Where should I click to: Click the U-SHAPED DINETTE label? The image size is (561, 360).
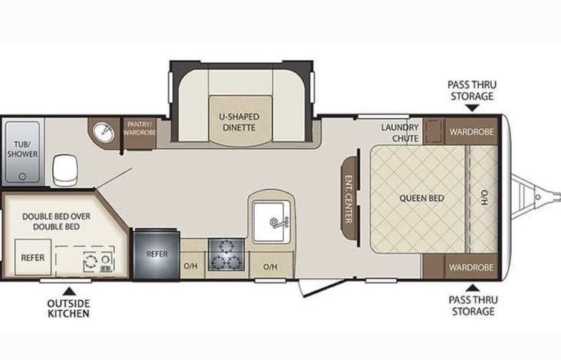tap(239, 122)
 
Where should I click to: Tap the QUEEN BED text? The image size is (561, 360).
tap(421, 198)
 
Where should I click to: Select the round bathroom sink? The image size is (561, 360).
tap(104, 132)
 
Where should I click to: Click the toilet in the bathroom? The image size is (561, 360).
tap(64, 170)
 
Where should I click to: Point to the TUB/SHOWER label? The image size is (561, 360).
tap(22, 149)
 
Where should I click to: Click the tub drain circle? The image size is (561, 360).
tap(22, 177)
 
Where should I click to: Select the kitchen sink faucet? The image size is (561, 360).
tap(279, 223)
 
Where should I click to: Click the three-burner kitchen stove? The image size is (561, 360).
tap(226, 255)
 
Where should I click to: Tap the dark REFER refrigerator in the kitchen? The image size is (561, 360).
tap(157, 254)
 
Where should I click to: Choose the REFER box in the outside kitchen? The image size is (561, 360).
tap(33, 257)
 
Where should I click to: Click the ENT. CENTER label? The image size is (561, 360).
tap(348, 199)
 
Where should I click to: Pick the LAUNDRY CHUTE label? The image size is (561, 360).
tap(400, 133)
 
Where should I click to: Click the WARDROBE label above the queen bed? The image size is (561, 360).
tap(471, 132)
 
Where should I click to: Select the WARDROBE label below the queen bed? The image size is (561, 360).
tap(471, 267)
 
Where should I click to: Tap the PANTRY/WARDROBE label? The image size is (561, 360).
tap(140, 128)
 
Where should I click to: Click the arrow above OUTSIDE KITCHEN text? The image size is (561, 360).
tap(69, 291)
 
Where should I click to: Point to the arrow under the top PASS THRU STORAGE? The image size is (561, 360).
tap(472, 107)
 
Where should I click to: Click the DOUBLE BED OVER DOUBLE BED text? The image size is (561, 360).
tap(56, 222)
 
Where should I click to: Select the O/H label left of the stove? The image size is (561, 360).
tap(190, 266)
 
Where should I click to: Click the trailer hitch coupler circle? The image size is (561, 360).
tap(537, 197)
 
